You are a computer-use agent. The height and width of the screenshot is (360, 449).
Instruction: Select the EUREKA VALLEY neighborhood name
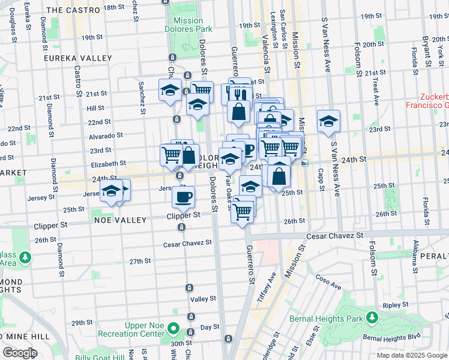[77, 58]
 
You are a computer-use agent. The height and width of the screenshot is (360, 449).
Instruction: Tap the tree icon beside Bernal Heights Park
[372, 316]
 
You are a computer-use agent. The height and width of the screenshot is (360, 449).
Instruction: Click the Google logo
[19, 353]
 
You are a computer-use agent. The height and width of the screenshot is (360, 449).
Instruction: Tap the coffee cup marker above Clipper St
[183, 196]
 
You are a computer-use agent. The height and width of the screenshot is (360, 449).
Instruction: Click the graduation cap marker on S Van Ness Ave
[328, 121]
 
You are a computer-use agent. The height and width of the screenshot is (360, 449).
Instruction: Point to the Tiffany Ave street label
[265, 277]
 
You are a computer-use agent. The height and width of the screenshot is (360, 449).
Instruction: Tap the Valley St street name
[203, 299]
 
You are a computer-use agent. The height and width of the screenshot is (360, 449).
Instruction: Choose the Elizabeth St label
[108, 163]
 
